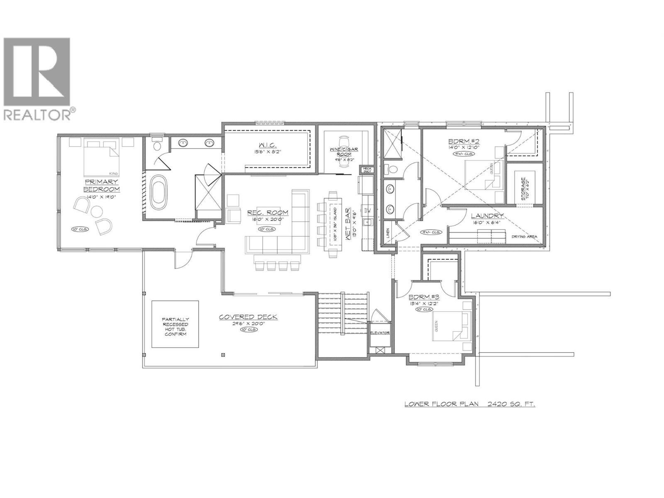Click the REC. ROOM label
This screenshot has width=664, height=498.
(268, 212)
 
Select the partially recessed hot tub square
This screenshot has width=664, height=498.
(174, 324)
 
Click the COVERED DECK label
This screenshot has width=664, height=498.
(248, 317)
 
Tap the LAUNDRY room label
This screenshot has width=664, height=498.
(487, 216)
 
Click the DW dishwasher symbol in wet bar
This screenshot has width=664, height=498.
(367, 210)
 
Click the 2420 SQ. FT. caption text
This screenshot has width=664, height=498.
(510, 403)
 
